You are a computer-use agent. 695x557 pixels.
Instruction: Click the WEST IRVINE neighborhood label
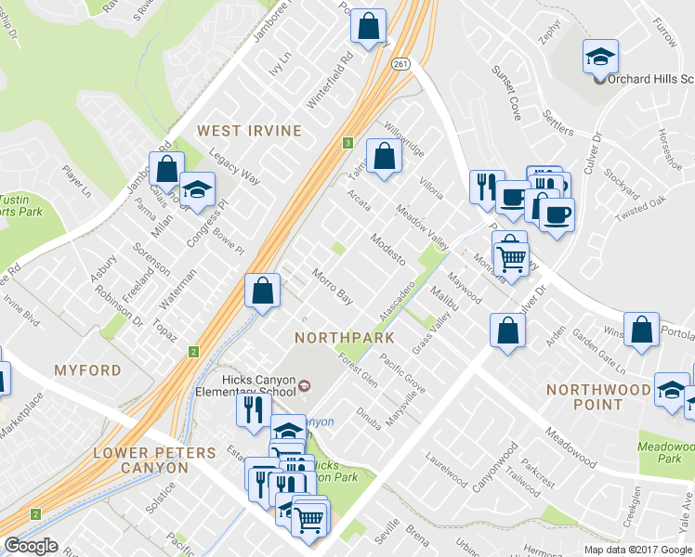[x=248, y=131]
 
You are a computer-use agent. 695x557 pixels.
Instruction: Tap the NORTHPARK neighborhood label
[x=344, y=337]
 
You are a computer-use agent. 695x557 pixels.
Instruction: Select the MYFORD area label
[x=87, y=370]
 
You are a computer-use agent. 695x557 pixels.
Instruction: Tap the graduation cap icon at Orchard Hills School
[x=600, y=56]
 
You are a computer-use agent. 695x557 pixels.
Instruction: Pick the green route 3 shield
[x=347, y=143]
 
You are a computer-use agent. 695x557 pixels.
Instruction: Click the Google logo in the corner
[x=31, y=546]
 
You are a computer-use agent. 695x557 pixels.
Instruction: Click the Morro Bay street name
[x=332, y=287]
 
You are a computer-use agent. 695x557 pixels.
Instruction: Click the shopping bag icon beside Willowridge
[x=383, y=156]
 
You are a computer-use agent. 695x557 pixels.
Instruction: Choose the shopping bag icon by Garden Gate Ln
[x=641, y=330]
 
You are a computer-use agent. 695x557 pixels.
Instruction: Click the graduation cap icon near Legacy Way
[x=197, y=189]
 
